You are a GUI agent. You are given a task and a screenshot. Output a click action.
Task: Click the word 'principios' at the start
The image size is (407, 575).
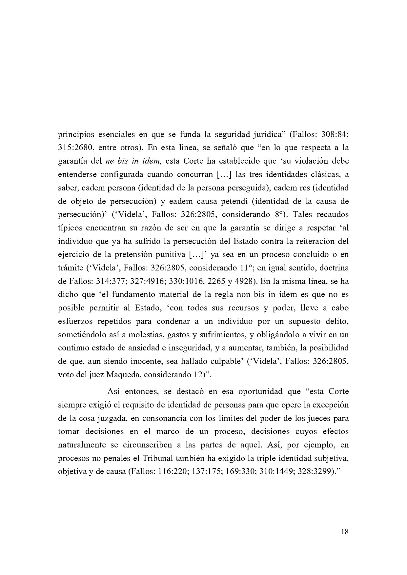click(x=74, y=134)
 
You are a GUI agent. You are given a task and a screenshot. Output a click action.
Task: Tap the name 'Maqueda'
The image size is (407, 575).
click(x=121, y=375)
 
